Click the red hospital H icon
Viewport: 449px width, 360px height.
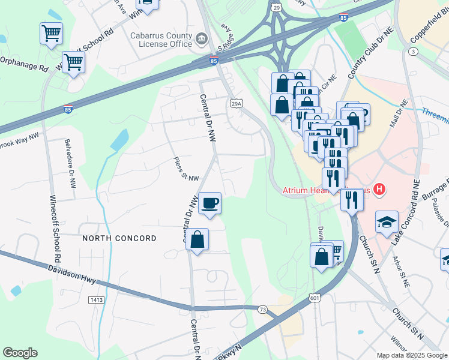(x=379, y=190)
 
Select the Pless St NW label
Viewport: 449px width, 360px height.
(x=185, y=169)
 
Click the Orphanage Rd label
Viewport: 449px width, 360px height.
(x=23, y=64)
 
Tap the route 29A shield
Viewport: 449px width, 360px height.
(x=237, y=103)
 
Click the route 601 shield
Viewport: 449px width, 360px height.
(x=315, y=298)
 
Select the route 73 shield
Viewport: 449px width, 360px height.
(x=262, y=308)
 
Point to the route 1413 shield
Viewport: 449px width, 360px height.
(x=95, y=299)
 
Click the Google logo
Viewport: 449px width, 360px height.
(x=20, y=352)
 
